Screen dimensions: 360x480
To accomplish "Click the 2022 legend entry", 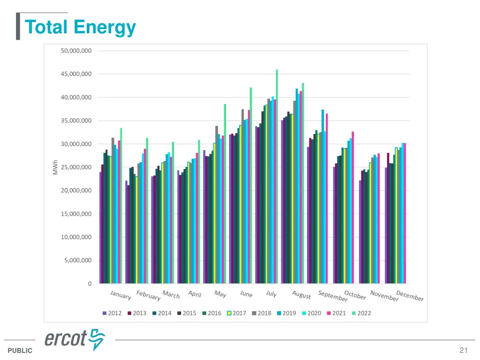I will click(361, 313).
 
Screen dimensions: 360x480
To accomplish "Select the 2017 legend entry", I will click(236, 313).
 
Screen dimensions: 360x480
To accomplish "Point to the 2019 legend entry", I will click(286, 313).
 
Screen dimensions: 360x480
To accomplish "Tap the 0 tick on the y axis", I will click(90, 284).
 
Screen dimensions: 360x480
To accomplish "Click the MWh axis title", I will click(55, 167).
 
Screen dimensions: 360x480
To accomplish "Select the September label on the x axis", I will click(332, 296).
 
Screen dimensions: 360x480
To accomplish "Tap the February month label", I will click(148, 296).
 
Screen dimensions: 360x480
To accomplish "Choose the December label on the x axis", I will click(410, 296).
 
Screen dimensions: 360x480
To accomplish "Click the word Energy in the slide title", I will click(105, 27).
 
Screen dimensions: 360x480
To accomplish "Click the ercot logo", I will click(75, 339).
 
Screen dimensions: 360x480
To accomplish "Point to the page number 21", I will click(464, 350).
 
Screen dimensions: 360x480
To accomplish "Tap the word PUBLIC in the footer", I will click(20, 351).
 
